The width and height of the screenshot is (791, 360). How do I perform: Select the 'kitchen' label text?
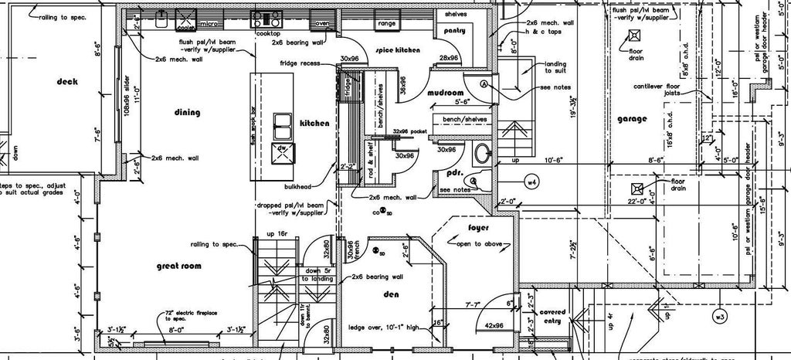coord(314,124)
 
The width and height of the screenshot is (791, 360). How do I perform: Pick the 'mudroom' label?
coord(444,93)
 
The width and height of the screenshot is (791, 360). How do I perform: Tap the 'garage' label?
coord(631,120)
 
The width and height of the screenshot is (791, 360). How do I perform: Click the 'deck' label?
coord(68,81)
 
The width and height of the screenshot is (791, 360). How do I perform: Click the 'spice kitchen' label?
coord(398,50)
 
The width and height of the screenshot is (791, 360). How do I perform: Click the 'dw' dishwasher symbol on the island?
coord(283,148)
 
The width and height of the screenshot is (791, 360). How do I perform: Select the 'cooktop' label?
coord(267,34)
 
